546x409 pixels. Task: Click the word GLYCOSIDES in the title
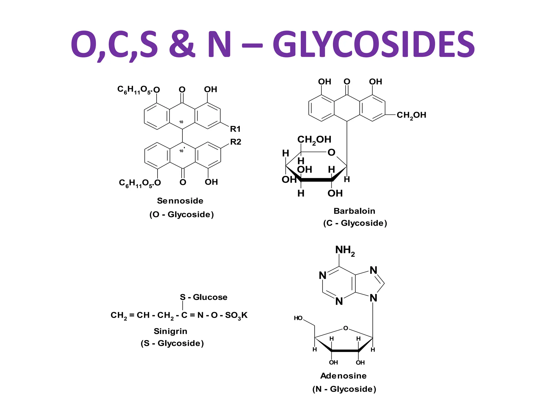[x=373, y=44]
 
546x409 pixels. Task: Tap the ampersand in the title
[x=182, y=44]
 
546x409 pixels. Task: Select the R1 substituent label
[x=235, y=129]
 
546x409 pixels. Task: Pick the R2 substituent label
[x=236, y=142]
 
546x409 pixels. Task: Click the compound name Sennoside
[x=180, y=201]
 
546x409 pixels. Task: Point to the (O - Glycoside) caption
[x=182, y=215]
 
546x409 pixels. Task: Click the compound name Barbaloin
[x=354, y=211]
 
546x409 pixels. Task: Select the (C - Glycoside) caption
[x=355, y=223]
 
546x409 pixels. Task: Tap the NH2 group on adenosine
[x=345, y=251]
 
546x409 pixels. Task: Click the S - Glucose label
[x=203, y=297]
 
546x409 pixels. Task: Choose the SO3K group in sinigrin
[x=236, y=316]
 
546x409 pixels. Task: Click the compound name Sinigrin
[x=170, y=331]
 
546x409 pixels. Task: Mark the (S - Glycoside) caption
[x=172, y=343]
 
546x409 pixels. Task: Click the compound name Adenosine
[x=343, y=376]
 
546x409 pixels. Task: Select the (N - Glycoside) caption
[x=344, y=389]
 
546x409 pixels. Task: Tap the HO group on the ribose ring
[x=298, y=318]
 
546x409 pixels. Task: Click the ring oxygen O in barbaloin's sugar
[x=331, y=153]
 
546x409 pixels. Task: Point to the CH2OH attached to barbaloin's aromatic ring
[x=411, y=115]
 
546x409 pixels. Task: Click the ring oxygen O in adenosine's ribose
[x=346, y=328]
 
